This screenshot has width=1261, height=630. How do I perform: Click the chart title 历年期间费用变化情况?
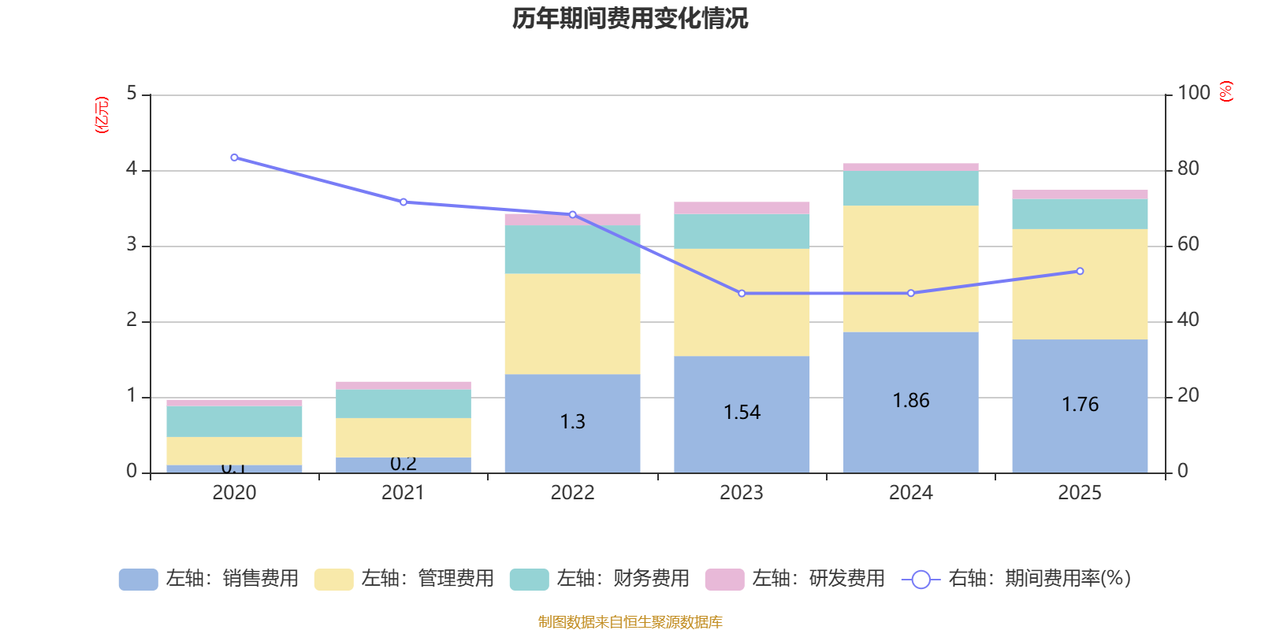pos(630,18)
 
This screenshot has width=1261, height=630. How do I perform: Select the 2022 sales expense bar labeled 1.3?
pos(572,422)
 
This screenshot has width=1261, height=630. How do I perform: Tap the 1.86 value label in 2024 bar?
pos(911,401)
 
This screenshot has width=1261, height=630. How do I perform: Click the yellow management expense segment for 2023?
pos(742,302)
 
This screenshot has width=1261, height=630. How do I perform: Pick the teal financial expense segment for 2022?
pos(572,249)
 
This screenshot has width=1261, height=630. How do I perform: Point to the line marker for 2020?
pos(234,157)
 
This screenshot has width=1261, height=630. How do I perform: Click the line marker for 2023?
pos(742,294)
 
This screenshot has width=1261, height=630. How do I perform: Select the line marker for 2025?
pos(1080,271)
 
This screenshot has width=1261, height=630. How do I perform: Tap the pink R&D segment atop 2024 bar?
pos(911,167)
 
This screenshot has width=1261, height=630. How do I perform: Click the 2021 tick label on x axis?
pos(403,493)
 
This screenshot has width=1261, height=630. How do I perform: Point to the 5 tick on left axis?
pos(132,94)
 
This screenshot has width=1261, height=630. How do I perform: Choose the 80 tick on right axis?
pos(1188,169)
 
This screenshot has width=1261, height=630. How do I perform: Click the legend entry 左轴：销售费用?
pos(209,579)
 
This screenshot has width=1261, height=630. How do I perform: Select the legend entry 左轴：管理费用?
pos(404,579)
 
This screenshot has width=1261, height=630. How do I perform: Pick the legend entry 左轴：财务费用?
pos(600,579)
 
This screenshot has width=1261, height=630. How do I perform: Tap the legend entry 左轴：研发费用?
pos(795,579)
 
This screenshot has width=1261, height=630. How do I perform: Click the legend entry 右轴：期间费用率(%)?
pos(1017,579)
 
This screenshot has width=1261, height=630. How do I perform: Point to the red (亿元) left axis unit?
pos(102,115)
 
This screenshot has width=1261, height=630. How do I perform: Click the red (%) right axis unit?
pos(1226,91)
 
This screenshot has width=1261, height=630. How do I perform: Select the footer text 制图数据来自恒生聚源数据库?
pos(630,622)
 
